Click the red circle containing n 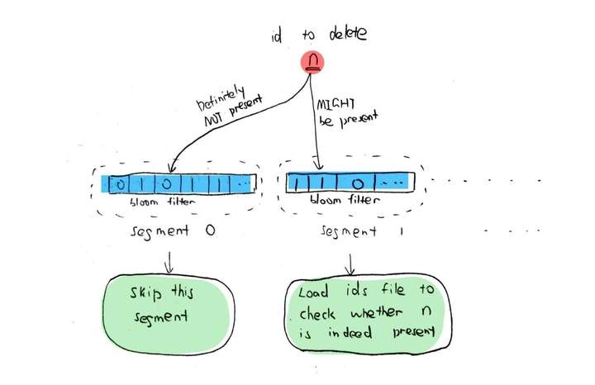point(311,63)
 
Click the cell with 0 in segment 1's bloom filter point(357,182)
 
